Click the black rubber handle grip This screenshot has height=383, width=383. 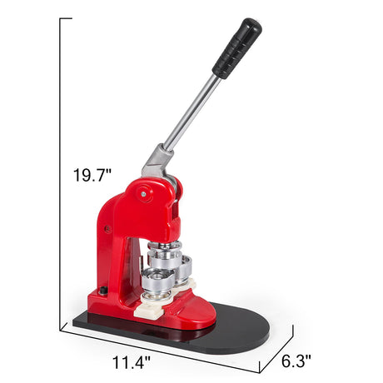(x=237, y=48)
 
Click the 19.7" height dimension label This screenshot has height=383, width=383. (x=92, y=175)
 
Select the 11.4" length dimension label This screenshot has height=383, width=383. (x=132, y=362)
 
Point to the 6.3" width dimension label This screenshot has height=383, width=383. (x=296, y=361)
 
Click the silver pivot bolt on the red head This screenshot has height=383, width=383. (x=143, y=194)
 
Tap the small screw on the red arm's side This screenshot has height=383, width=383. (x=107, y=229)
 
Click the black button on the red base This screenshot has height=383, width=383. (x=103, y=291)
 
